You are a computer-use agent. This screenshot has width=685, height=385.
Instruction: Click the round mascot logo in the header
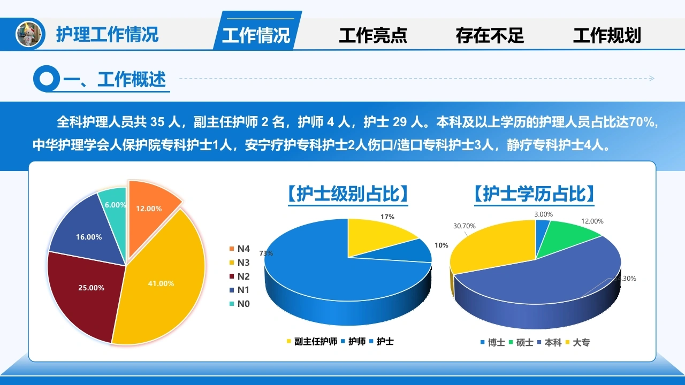(28, 34)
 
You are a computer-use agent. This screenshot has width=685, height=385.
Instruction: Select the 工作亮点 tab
(373, 35)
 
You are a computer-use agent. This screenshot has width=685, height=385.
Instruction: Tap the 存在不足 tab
(490, 35)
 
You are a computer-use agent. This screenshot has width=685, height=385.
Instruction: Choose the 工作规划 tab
(607, 35)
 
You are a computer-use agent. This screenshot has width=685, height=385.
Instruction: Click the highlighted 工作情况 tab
(256, 35)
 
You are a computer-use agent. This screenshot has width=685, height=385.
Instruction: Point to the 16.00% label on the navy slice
(89, 237)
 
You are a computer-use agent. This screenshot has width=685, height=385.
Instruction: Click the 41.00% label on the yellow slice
(161, 283)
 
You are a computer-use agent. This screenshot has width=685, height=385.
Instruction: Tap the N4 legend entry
(239, 249)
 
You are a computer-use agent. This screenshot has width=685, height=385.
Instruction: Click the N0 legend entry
(239, 304)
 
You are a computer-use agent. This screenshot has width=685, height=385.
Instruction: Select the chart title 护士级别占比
(348, 194)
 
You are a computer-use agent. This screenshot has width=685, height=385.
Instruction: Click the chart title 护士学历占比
(534, 194)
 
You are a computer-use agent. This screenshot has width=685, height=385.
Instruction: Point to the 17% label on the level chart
(387, 217)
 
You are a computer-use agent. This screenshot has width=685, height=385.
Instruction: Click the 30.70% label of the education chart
(464, 226)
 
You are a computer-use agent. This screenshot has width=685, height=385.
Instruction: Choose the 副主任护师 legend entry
(312, 341)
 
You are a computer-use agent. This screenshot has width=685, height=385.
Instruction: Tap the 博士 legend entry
(493, 343)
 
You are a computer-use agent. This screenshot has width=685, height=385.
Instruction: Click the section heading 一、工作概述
(115, 80)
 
